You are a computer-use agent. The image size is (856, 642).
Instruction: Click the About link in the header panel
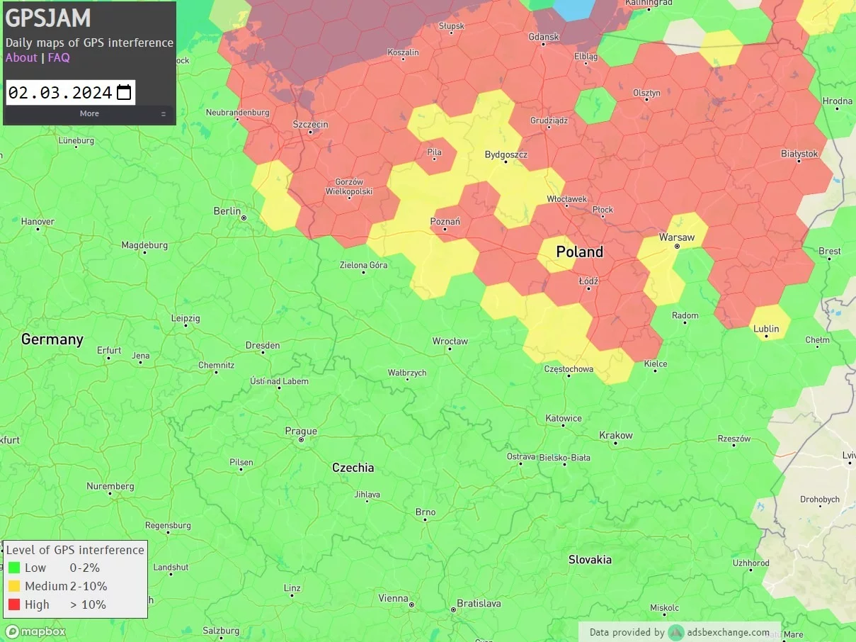tap(21, 57)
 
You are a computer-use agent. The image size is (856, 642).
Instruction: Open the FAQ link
tap(59, 57)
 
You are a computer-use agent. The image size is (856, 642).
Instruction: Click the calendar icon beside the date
tap(124, 92)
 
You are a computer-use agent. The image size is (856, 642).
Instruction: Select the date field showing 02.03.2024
tap(60, 92)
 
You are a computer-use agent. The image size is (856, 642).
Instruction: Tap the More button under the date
tap(89, 113)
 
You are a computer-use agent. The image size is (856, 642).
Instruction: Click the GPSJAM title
tap(48, 18)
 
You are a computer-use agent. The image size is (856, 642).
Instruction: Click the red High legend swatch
tap(14, 604)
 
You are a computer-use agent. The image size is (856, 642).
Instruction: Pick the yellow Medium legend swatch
tap(14, 586)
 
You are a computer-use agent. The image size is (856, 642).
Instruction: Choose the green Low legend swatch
tap(14, 568)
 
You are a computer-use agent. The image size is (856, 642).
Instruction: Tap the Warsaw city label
tap(676, 237)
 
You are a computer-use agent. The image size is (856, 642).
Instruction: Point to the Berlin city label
tap(227, 211)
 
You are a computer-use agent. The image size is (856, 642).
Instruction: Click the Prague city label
tap(301, 431)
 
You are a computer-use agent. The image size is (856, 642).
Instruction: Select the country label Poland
tap(579, 252)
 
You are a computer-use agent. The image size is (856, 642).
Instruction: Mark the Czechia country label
tap(353, 468)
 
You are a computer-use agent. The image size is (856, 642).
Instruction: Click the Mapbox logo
tap(35, 631)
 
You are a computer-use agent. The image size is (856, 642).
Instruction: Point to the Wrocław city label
tap(450, 341)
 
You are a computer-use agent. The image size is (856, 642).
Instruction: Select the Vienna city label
tap(393, 598)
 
